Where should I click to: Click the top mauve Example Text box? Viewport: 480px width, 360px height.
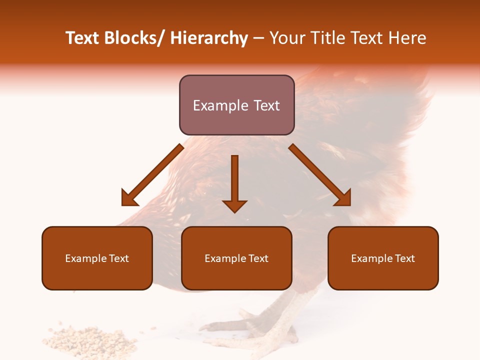[236, 105]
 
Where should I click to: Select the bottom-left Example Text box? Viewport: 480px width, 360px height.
[97, 258]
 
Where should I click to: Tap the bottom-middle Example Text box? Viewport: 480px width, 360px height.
[236, 258]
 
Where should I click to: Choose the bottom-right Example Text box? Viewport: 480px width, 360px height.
[383, 258]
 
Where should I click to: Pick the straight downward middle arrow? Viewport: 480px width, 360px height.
[235, 182]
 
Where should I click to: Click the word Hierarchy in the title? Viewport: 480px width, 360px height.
[209, 38]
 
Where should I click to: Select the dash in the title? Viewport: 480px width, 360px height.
[258, 38]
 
